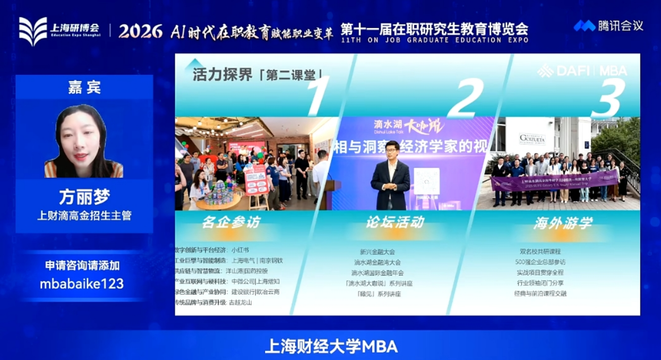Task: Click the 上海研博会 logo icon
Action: [x=33, y=30]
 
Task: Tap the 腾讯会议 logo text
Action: [x=620, y=25]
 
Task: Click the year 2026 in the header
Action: [x=140, y=31]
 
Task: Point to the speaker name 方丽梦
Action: [x=84, y=197]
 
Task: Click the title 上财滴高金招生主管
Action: [x=84, y=216]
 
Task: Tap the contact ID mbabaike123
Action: [x=82, y=284]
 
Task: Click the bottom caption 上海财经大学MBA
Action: [x=331, y=346]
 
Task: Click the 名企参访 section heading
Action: [x=231, y=222]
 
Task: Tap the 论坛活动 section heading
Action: [x=394, y=222]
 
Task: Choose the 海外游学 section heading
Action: [x=562, y=223]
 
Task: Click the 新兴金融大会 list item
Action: [x=377, y=252]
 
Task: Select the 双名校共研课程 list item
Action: [x=540, y=252]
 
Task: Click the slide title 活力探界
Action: [x=222, y=75]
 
